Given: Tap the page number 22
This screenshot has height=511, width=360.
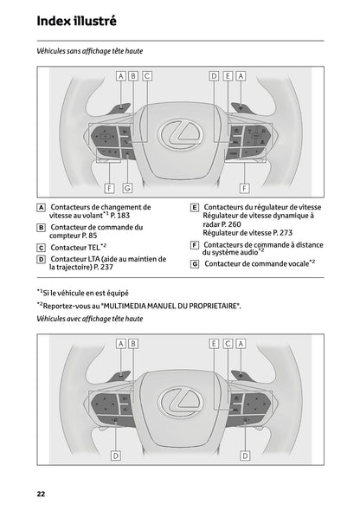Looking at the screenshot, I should pos(41,494).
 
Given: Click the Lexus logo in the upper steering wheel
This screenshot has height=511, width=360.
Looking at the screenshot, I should pos(180,133).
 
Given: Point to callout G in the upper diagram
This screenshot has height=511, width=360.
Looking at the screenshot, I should pos(127,187).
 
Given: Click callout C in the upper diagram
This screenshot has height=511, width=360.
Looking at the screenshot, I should pos(147,75).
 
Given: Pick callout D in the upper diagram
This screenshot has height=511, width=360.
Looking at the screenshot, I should pos(213,75).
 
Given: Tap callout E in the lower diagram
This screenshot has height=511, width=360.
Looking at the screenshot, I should pos(213,344).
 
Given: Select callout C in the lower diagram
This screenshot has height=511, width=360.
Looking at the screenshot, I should pos(227,344).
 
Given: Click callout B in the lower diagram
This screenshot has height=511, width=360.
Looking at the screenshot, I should pos(133,344).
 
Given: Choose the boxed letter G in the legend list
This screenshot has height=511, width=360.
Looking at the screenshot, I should pos(195,262).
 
